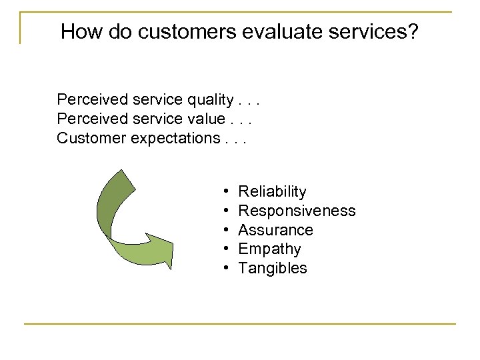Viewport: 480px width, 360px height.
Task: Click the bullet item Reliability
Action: (x=272, y=192)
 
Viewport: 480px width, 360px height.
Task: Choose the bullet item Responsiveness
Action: (x=297, y=211)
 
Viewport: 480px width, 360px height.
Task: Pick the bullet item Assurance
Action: (x=275, y=230)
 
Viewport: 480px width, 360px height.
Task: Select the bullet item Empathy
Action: (x=269, y=249)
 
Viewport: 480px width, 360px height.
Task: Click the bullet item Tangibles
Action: (x=273, y=269)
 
